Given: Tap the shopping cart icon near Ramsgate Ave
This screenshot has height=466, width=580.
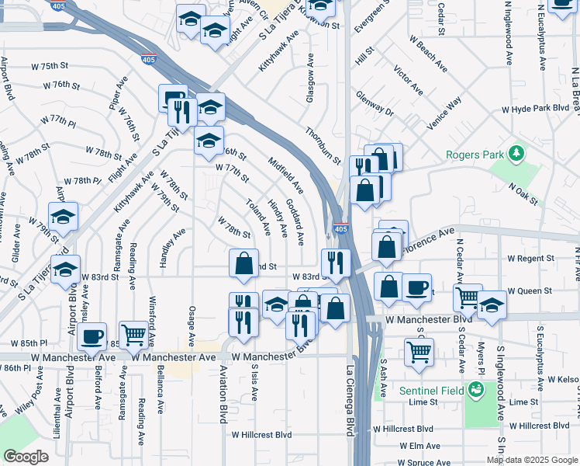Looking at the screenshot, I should point(134,333).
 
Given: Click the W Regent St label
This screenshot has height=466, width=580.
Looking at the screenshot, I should point(531,258).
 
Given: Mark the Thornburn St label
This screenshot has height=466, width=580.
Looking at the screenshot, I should point(323,146).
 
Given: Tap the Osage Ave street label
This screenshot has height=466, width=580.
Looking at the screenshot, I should point(192,326).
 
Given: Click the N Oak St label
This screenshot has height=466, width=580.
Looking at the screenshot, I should point(523,195).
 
